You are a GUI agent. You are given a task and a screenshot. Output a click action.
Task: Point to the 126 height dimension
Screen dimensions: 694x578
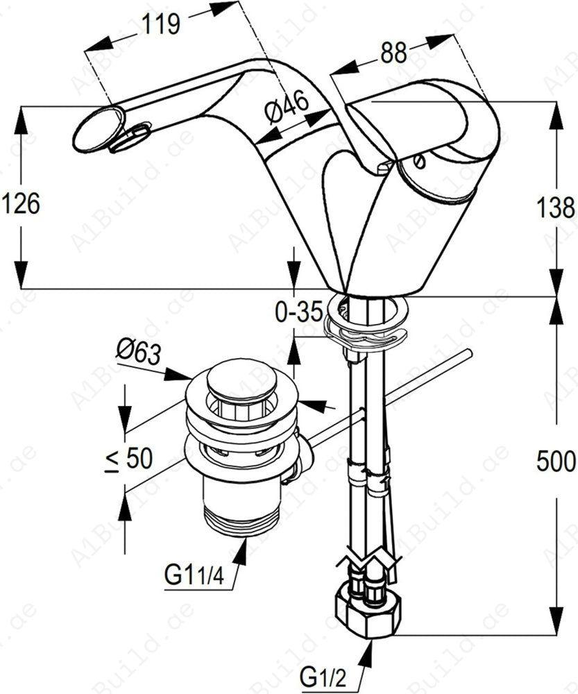pyautogui.click(x=21, y=203)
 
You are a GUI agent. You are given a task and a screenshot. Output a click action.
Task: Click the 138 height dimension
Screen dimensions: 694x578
pyautogui.click(x=559, y=206)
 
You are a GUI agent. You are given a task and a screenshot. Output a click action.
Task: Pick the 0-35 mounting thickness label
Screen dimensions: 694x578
pyautogui.click(x=298, y=312)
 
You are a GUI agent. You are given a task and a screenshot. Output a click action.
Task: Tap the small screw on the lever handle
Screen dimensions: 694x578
pyautogui.click(x=418, y=161)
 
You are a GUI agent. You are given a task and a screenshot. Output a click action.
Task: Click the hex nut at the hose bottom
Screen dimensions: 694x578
pyautogui.click(x=368, y=611)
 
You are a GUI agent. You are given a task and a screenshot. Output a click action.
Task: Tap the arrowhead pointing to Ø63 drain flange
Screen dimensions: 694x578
pyautogui.click(x=182, y=376)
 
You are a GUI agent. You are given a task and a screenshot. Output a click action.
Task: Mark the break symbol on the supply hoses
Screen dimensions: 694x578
pyautogui.click(x=368, y=555)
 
